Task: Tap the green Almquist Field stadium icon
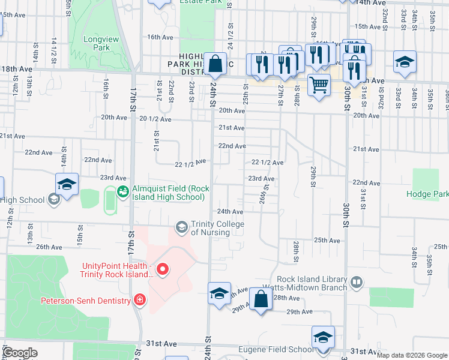click(x=123, y=192)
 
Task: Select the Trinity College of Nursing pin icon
click(x=181, y=227)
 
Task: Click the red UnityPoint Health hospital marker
click(x=162, y=269)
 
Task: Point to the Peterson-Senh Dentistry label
click(x=85, y=300)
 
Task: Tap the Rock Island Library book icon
click(x=356, y=281)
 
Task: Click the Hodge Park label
click(x=427, y=194)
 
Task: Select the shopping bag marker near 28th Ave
click(x=261, y=298)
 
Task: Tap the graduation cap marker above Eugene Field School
click(x=323, y=337)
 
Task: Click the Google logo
click(x=20, y=353)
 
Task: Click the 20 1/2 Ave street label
click(x=151, y=119)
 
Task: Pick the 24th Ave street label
click(x=230, y=212)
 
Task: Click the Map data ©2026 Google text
click(x=412, y=355)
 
